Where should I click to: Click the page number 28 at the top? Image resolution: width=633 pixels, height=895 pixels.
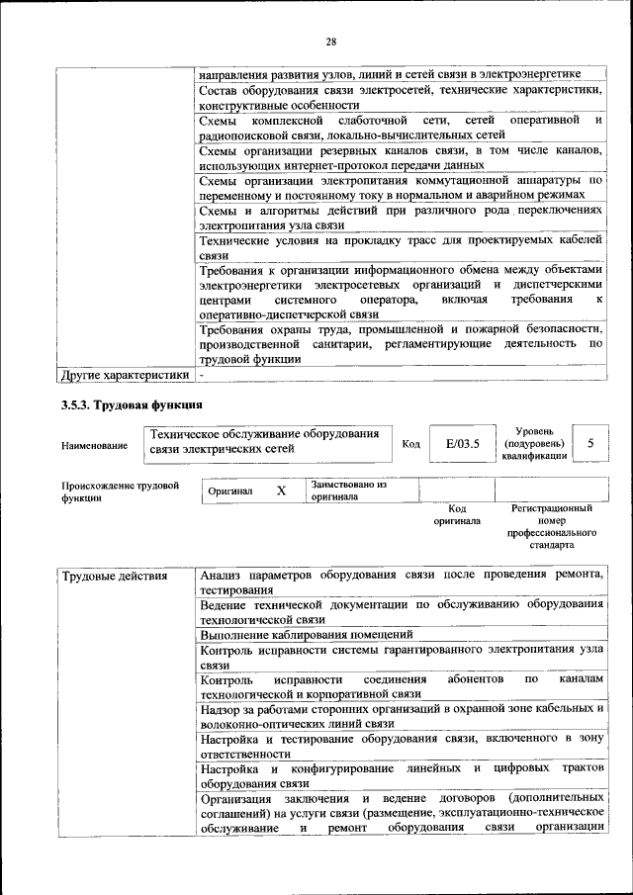[330, 41]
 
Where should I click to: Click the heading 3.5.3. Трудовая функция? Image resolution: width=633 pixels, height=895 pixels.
[132, 404]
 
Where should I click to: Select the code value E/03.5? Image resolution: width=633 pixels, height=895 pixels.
[462, 444]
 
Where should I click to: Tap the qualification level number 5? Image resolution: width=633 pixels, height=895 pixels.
[590, 444]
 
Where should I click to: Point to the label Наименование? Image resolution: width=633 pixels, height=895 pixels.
[94, 446]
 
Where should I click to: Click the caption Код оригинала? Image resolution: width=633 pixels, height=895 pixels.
[456, 514]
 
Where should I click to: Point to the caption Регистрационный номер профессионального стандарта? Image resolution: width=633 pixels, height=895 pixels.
[551, 526]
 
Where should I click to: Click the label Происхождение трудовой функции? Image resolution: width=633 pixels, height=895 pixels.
[120, 492]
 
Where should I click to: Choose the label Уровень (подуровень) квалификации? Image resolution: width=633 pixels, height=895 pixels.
[534, 444]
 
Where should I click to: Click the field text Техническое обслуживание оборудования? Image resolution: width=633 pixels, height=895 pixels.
[264, 435]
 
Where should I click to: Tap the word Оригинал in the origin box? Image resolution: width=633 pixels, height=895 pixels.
[230, 491]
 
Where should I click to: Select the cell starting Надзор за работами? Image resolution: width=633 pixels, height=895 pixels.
[401, 716]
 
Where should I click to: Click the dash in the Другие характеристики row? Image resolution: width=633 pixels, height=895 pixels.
[202, 375]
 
